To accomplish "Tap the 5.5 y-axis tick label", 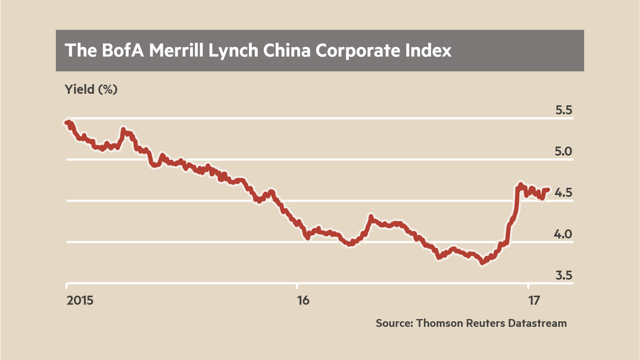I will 563,110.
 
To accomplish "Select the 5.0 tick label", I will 563,151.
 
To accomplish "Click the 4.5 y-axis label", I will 563,193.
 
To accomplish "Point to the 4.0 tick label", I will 563,234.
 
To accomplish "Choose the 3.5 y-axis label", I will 563,275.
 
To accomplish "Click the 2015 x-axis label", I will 80,300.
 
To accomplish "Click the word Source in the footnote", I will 394,323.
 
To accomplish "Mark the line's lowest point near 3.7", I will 482,262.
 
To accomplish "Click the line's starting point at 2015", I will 66,123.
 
